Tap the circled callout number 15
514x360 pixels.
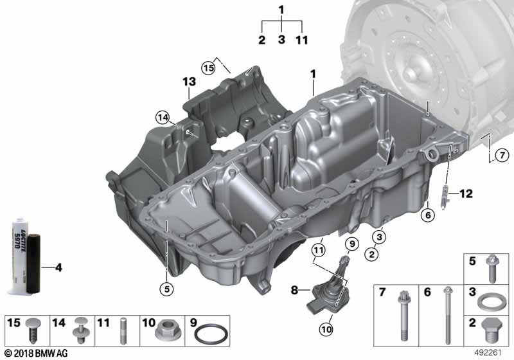[x=208, y=68]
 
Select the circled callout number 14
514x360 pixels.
[x=163, y=118]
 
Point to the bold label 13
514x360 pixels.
[x=189, y=82]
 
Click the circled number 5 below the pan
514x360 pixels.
[x=167, y=289]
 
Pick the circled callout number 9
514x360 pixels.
[x=352, y=244]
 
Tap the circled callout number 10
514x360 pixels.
[x=326, y=329]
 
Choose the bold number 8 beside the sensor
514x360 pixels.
[x=294, y=290]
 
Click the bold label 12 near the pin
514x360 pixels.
[x=465, y=194]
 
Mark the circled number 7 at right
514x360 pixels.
[x=502, y=155]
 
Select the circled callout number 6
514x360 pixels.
[x=428, y=215]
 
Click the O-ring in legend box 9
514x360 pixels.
[x=211, y=334]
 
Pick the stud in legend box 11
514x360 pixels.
[x=123, y=330]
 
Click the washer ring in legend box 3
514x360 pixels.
[x=490, y=302]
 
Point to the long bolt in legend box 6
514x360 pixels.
[x=448, y=316]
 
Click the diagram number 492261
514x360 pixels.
[x=488, y=353]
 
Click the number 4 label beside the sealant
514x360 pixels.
[x=58, y=267]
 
